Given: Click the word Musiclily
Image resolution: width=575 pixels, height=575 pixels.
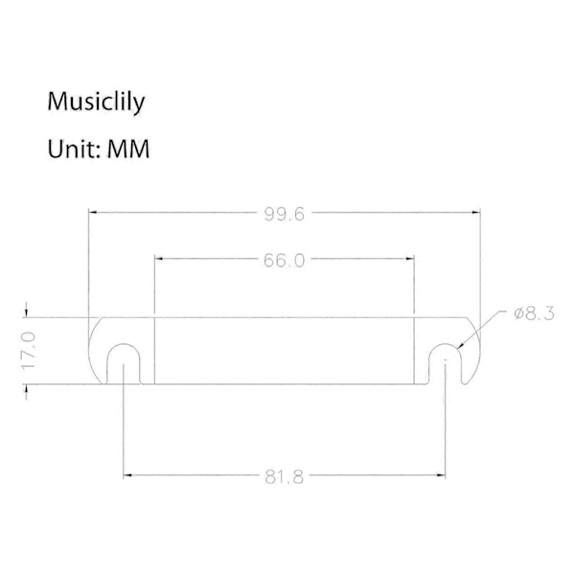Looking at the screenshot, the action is [x=96, y=102].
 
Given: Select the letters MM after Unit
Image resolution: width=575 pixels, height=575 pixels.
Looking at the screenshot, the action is [x=128, y=149].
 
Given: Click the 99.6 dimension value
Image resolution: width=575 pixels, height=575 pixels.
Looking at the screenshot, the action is [x=285, y=214].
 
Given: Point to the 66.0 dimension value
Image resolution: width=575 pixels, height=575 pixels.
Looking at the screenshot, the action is [x=285, y=261].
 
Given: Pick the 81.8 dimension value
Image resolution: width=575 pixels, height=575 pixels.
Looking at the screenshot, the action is [x=285, y=477].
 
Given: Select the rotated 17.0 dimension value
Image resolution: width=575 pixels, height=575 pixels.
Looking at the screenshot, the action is [x=28, y=351].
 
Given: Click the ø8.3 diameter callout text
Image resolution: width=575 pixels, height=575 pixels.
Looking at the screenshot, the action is [x=534, y=314].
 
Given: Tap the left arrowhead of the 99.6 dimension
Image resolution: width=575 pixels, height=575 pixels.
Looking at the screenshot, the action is [x=93, y=212].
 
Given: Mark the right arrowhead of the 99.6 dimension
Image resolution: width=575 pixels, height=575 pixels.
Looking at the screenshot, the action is [x=476, y=212].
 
